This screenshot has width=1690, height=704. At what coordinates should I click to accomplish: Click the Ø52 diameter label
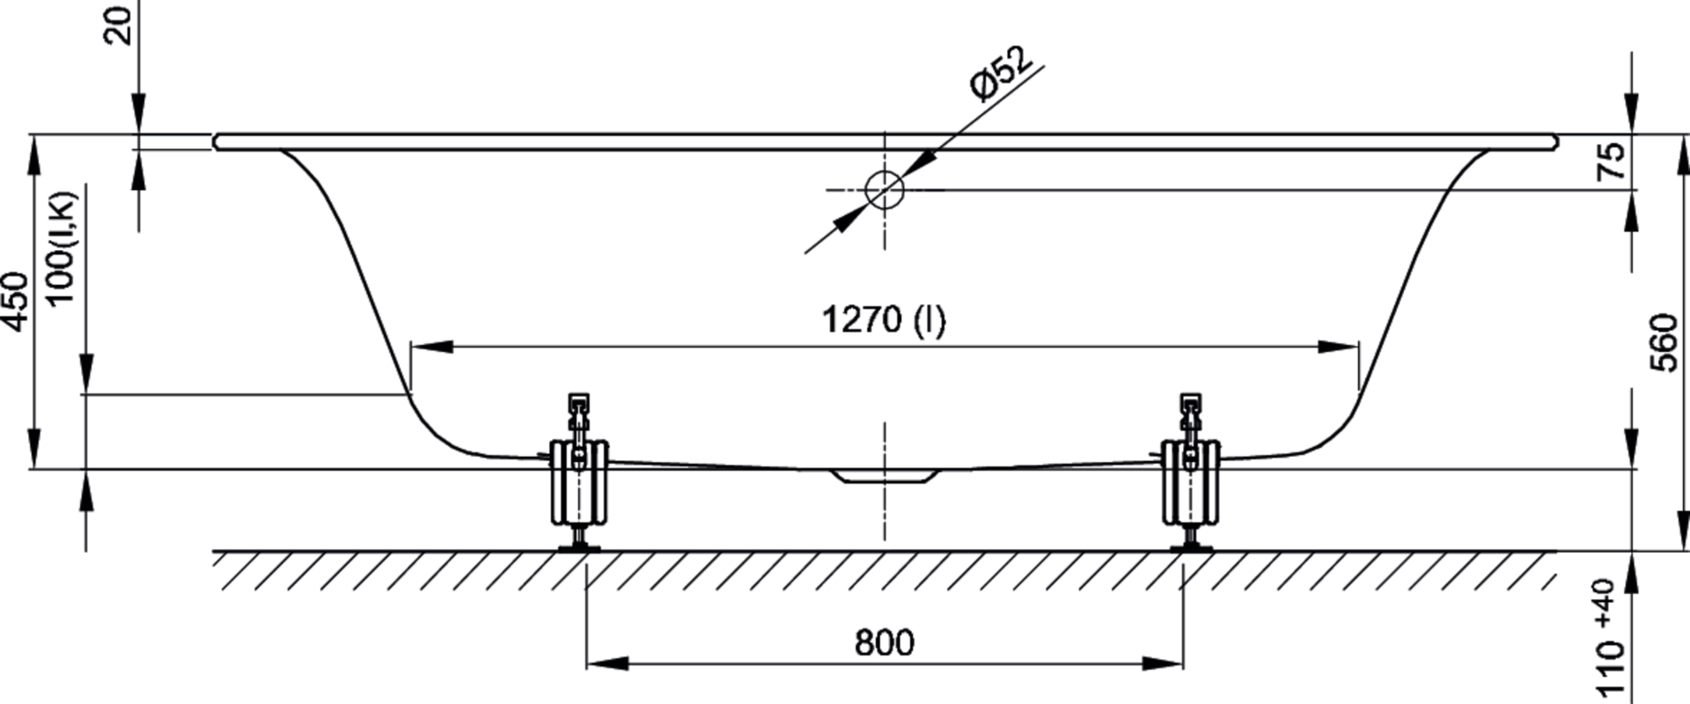click(x=999, y=75)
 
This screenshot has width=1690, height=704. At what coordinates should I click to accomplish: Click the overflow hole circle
click(x=885, y=189)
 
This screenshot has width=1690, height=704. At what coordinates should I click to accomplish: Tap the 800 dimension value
click(x=885, y=643)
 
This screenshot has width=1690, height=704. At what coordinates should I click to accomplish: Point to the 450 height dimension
click(x=17, y=302)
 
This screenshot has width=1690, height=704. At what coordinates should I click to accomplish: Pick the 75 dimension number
click(x=1613, y=161)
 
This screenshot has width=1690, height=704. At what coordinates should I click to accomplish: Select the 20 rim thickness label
click(x=120, y=25)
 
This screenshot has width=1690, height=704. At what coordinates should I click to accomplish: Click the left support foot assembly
click(x=578, y=475)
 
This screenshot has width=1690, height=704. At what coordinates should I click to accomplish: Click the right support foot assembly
click(x=1190, y=475)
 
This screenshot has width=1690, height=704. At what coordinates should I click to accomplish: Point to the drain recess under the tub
click(x=885, y=476)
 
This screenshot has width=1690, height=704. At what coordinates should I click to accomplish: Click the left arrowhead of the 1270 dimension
click(x=431, y=347)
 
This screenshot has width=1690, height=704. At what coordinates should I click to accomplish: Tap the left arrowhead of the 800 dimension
click(x=607, y=663)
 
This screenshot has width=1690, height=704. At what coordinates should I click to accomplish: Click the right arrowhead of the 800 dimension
click(x=1162, y=663)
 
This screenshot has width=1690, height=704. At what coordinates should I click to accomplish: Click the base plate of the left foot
click(x=578, y=548)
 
